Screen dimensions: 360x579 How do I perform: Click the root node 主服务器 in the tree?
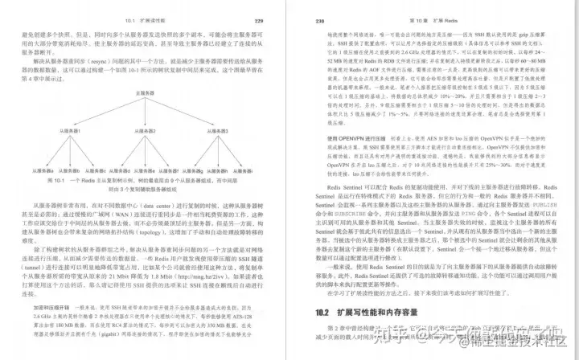[146, 94]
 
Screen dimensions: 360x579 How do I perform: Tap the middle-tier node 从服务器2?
[146, 130]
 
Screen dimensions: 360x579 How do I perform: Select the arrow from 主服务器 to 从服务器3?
[183, 112]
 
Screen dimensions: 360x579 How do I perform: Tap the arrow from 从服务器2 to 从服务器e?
[146, 151]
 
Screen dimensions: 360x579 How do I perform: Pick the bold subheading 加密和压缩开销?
[52, 307]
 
